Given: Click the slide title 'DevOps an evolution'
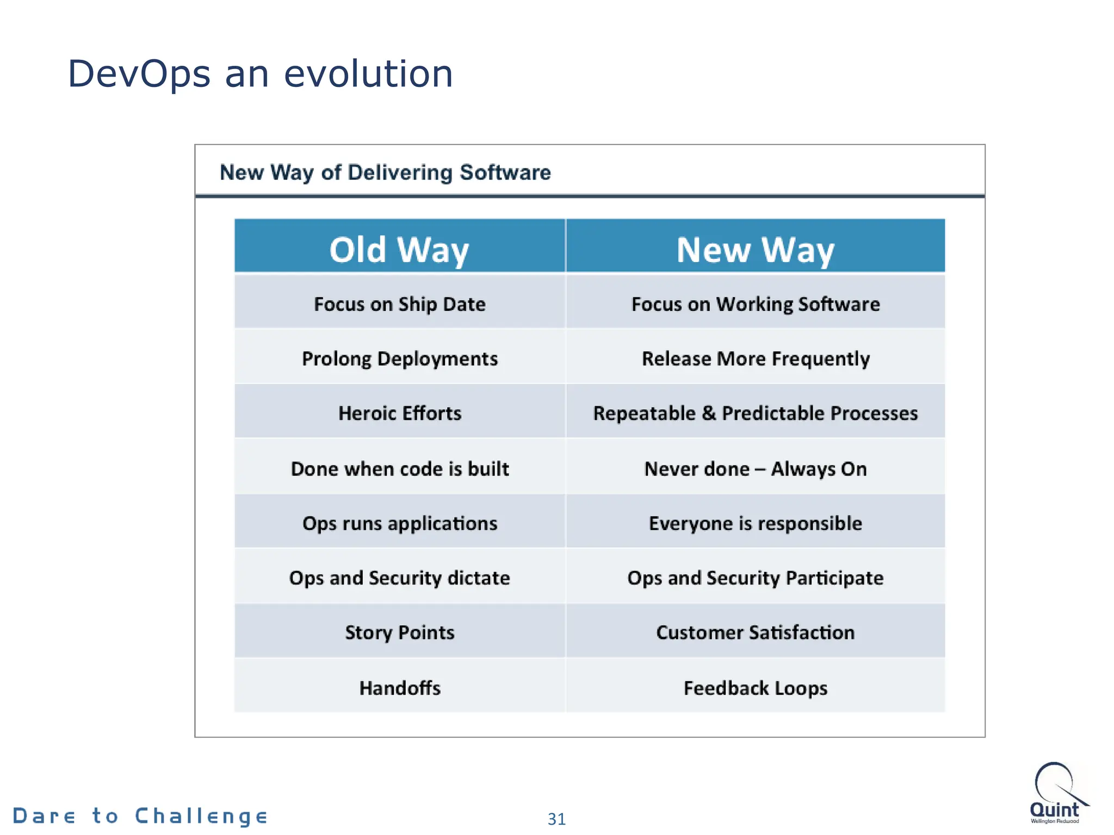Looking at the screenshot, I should click(260, 74).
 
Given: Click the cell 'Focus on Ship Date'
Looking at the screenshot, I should click(399, 304).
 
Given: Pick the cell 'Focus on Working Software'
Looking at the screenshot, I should click(755, 304).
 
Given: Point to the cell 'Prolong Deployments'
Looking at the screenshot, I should click(399, 359).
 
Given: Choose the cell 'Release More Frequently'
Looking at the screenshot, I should click(755, 359).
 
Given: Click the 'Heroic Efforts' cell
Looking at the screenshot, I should click(399, 413).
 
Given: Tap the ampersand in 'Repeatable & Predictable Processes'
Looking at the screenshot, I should click(708, 413).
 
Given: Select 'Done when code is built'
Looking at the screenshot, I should click(399, 469).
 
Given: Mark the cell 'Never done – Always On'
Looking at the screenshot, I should click(755, 469).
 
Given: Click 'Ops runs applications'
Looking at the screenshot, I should click(399, 523).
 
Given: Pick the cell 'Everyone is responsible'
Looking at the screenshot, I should click(755, 523).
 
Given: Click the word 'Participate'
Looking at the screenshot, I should click(834, 578).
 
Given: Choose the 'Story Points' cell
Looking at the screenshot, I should click(399, 632).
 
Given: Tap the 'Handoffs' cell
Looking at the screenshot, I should click(399, 688).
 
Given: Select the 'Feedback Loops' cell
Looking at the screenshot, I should click(755, 688).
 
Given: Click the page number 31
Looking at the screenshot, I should click(556, 819).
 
